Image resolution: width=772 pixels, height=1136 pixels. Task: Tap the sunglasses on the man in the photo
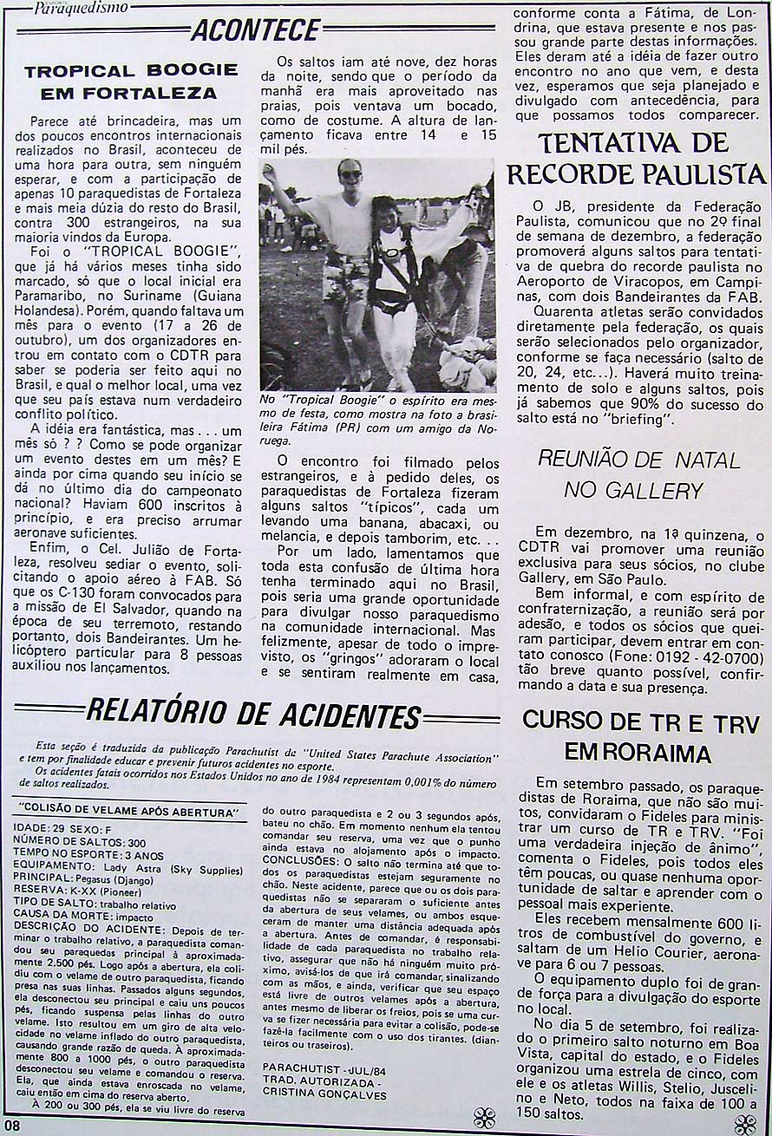[350, 174]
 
